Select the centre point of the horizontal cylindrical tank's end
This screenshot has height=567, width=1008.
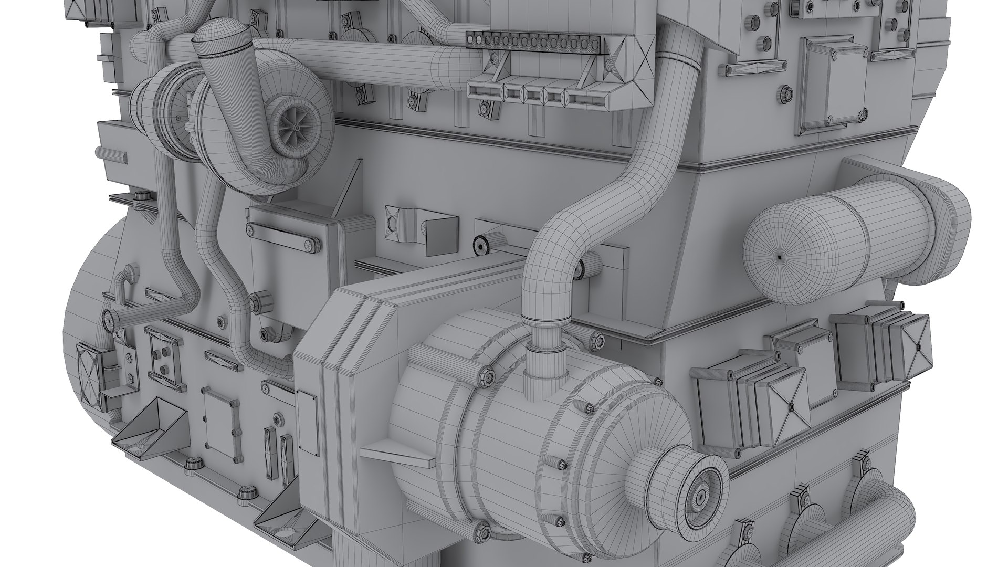pos(780,257)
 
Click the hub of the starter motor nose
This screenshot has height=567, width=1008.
pos(701,496)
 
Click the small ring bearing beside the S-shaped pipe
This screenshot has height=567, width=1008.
pos(479,245)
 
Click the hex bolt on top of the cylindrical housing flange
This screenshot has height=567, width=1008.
pos(484,374)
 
